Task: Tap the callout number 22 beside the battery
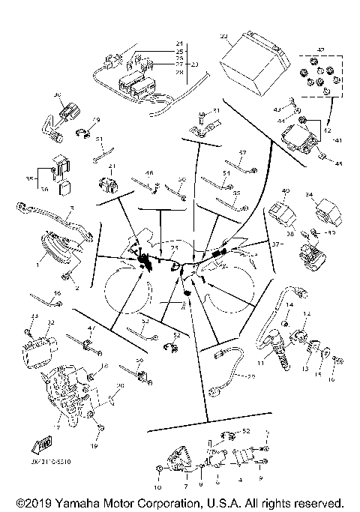pos(224,36)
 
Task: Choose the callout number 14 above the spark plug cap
pos(287,304)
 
